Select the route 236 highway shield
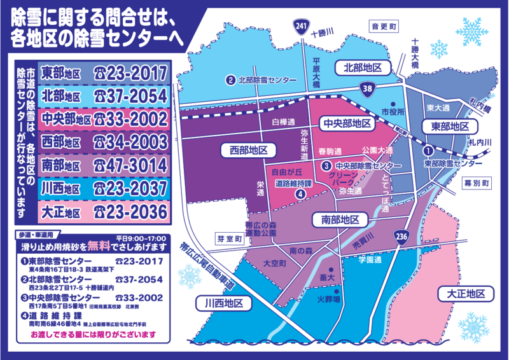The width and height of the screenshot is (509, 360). [400, 235]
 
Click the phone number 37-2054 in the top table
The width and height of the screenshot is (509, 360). [131, 95]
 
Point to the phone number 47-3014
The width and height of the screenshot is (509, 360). [131, 165]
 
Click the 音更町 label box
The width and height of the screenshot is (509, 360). [385, 27]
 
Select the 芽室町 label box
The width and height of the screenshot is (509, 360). [229, 240]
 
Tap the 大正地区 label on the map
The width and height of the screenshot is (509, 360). [462, 293]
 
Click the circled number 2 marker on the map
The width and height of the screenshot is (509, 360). [230, 80]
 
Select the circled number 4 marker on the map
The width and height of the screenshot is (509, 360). [300, 195]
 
